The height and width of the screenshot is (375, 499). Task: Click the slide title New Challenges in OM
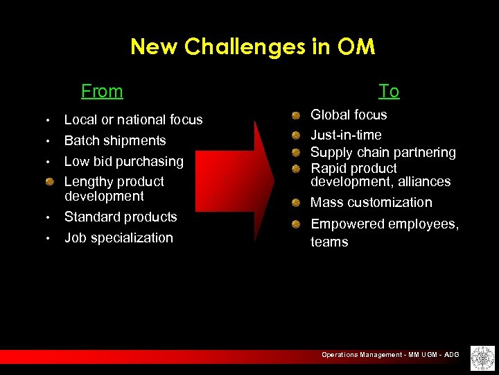pos(252,47)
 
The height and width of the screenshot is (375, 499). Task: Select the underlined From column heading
pos(102,91)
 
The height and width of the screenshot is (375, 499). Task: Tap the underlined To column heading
pos(389,91)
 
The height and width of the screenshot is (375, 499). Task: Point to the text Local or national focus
pos(133,120)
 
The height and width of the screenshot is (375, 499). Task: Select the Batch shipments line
pos(115,141)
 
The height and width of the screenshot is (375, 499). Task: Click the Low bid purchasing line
pos(123,162)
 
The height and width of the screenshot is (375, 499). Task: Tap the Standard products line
pos(121,217)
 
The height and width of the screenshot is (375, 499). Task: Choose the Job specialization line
pos(119,238)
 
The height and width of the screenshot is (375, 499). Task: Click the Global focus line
pos(349,115)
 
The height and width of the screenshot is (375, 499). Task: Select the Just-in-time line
pos(346,135)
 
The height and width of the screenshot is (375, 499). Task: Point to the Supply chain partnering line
pos(383,152)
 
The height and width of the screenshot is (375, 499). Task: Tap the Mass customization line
pos(371,203)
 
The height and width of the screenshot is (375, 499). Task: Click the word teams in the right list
pos(329,242)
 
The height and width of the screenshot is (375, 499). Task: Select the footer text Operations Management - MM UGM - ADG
pos(389,355)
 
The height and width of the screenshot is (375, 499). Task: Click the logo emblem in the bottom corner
pos(482,358)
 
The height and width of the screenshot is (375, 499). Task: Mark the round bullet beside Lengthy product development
pos(50,182)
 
